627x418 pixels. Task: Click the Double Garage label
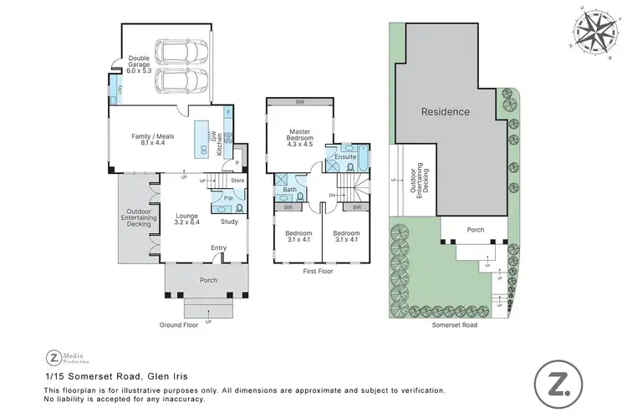pos(138,64)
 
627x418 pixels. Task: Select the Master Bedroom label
pos(299,135)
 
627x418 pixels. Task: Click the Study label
pos(230,222)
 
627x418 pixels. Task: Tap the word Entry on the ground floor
pos(218,247)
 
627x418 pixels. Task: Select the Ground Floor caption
pos(179,324)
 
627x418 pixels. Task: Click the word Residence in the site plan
pos(445,112)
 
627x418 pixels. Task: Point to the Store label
pos(237,180)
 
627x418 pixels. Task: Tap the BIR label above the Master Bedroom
pos(299,103)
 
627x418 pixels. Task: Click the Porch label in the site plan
pos(474,230)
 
